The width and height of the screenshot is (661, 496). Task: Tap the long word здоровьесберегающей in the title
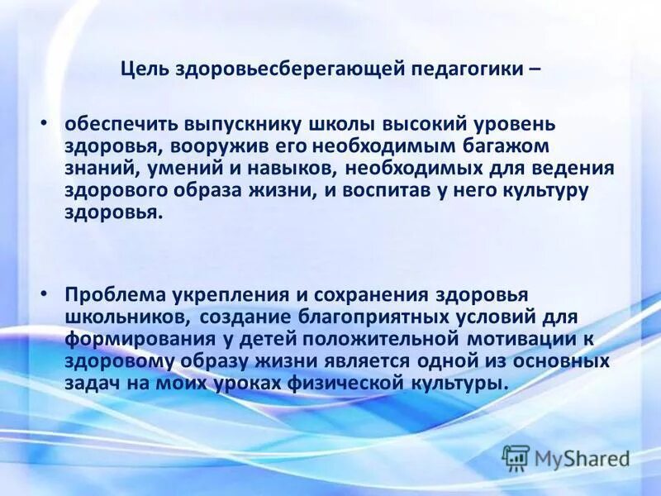292,69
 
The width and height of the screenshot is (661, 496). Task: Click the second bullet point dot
46,293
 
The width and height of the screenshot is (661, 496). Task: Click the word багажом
497,145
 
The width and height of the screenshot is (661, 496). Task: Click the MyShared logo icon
516,456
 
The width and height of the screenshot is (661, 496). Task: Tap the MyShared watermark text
582,457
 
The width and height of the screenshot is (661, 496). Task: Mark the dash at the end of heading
534,69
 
